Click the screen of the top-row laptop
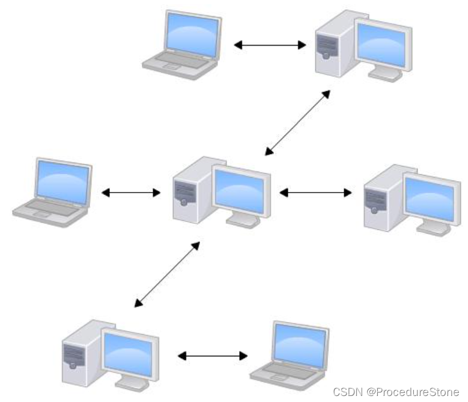(x=190, y=32)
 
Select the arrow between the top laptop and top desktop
(x=270, y=45)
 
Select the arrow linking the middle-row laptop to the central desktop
(x=131, y=193)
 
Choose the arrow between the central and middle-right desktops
(x=316, y=193)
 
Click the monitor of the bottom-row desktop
(x=129, y=351)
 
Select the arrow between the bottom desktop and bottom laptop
(x=213, y=356)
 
